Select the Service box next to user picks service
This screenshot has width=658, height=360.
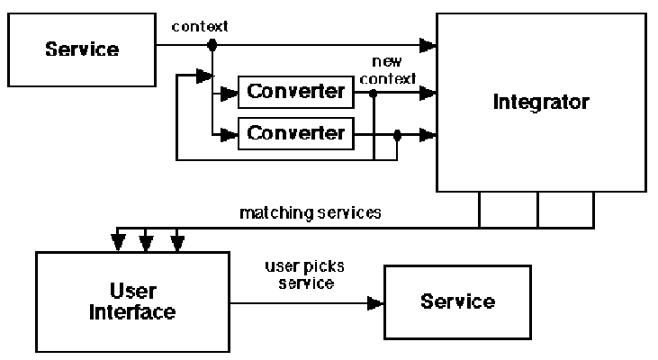click(457, 301)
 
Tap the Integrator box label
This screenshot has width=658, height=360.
click(540, 102)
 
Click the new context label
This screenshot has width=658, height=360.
click(386, 72)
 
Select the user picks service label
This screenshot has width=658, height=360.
click(300, 275)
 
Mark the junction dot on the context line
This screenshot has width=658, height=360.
click(212, 44)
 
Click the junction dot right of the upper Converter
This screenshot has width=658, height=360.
click(373, 92)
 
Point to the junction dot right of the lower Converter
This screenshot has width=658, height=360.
click(397, 134)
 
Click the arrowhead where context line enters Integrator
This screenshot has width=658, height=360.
click(430, 44)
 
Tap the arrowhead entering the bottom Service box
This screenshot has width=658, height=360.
click(377, 303)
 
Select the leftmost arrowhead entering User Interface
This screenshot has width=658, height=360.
click(117, 241)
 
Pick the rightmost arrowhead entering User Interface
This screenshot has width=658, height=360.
click(178, 241)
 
